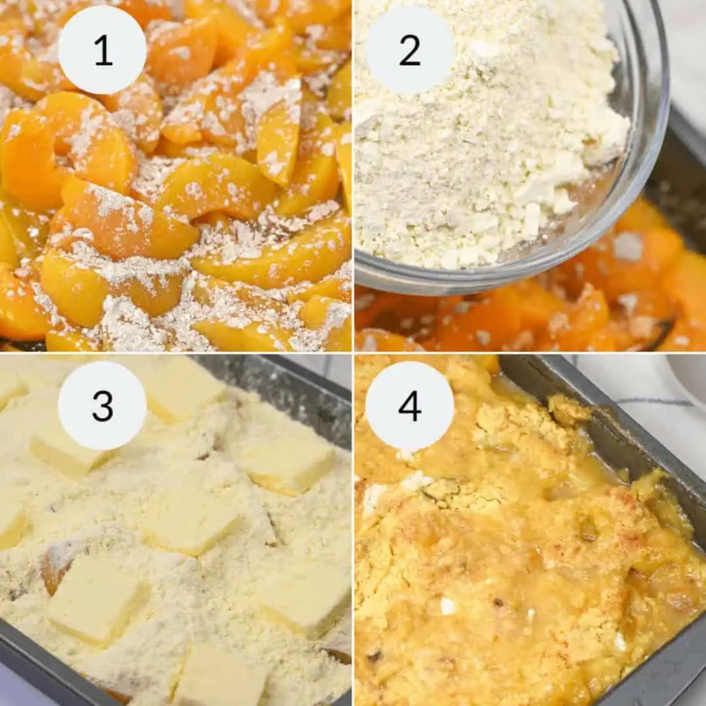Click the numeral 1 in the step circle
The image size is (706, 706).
pos(102,51)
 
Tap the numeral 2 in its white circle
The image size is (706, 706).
pos(409,51)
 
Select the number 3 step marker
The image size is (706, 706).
pos(102,405)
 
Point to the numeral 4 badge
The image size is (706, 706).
pos(409,405)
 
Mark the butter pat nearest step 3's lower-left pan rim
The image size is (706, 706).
pos(91,600)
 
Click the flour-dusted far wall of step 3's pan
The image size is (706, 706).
pos(282,382)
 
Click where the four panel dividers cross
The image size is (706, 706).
pos(353,353)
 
